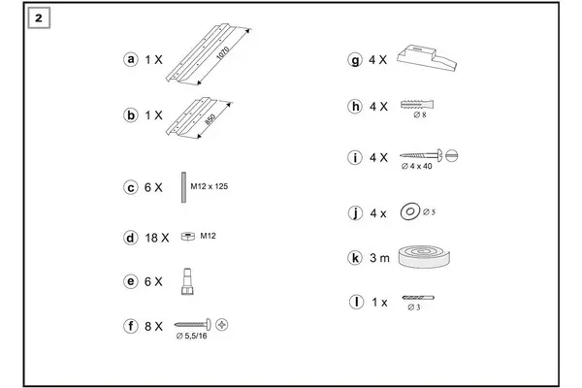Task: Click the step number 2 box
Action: [x=39, y=17]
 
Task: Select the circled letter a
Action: [x=131, y=59]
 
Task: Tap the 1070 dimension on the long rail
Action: [x=223, y=53]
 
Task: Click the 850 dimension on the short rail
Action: [x=210, y=119]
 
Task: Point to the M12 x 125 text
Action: [x=209, y=186]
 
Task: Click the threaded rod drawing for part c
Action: [x=183, y=187]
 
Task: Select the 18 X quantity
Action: [x=156, y=238]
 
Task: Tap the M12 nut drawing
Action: [x=188, y=236]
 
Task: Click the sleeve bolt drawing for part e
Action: [x=187, y=281]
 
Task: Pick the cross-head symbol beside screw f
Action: [x=221, y=325]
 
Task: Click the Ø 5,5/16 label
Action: [x=191, y=336]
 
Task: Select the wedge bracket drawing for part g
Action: [x=427, y=57]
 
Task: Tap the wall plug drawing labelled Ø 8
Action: [x=417, y=105]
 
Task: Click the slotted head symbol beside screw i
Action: [x=451, y=156]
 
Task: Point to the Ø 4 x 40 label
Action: [x=416, y=166]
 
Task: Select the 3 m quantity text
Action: [x=379, y=258]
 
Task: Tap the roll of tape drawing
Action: [x=424, y=256]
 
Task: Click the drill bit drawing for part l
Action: [x=418, y=298]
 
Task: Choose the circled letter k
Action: [x=355, y=258]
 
